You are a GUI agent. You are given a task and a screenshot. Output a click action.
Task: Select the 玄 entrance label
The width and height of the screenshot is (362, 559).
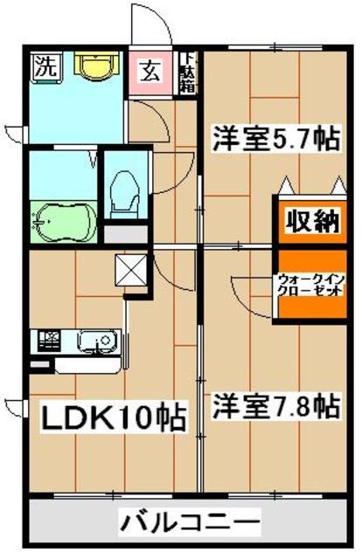point(151,68)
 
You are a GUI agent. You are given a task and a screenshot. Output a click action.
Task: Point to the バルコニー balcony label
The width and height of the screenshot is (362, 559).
point(190,525)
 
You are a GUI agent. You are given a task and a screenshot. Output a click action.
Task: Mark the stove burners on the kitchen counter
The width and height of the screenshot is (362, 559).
point(46,338)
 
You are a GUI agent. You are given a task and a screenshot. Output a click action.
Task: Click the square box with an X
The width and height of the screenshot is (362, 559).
point(129,268)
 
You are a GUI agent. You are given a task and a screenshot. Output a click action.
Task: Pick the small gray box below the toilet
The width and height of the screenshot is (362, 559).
point(126,233)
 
